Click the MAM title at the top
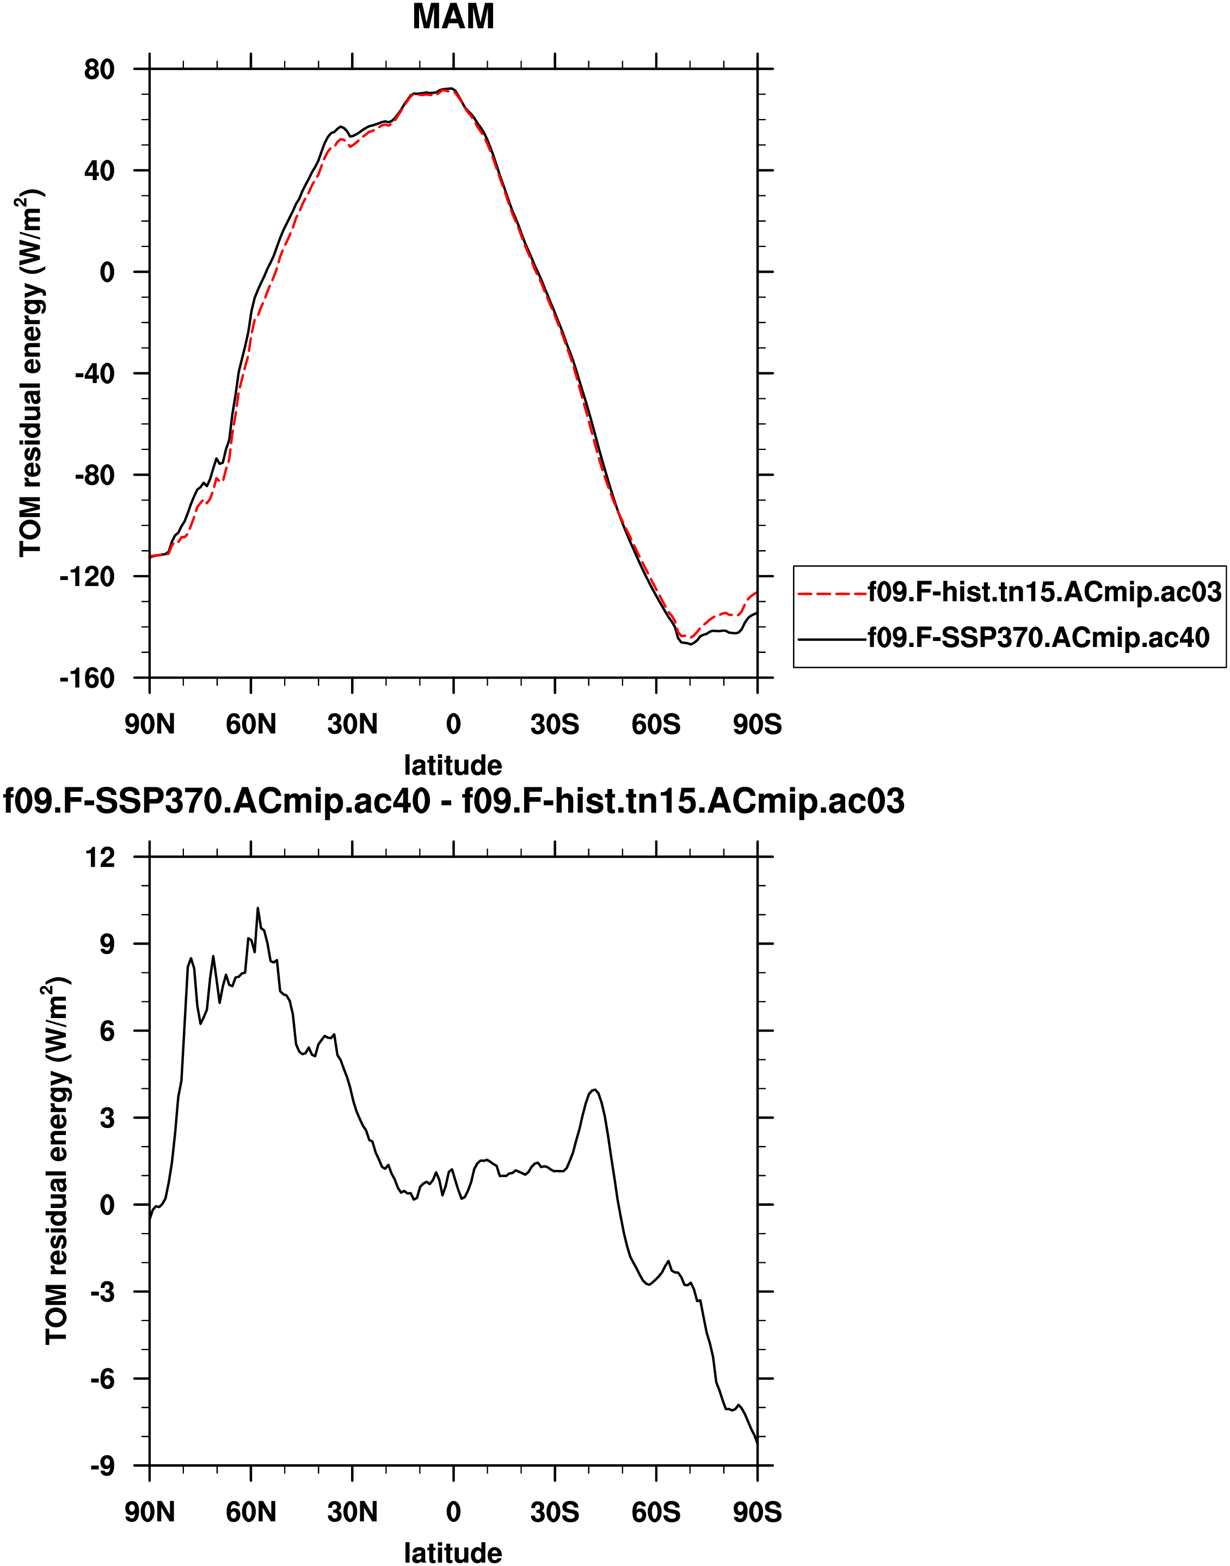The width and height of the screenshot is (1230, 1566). point(453,16)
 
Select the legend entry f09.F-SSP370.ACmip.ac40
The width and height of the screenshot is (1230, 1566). point(1038,637)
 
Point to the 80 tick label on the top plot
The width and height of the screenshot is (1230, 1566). point(100,70)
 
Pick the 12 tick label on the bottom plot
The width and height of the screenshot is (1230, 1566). point(100,858)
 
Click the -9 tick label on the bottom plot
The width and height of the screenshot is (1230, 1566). point(102,1466)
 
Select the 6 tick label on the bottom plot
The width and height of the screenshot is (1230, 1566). point(107,1031)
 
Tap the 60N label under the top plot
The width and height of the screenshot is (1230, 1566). point(250,724)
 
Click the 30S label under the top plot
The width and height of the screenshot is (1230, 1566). point(555,724)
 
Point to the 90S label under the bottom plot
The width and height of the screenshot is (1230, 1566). point(757,1512)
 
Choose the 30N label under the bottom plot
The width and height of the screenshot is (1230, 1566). point(352,1512)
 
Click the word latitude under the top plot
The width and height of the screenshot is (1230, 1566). point(453,764)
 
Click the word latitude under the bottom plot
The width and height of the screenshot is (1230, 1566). point(453,1553)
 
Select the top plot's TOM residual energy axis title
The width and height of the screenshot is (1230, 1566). point(33,373)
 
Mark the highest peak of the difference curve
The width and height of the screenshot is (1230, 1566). point(258,909)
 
